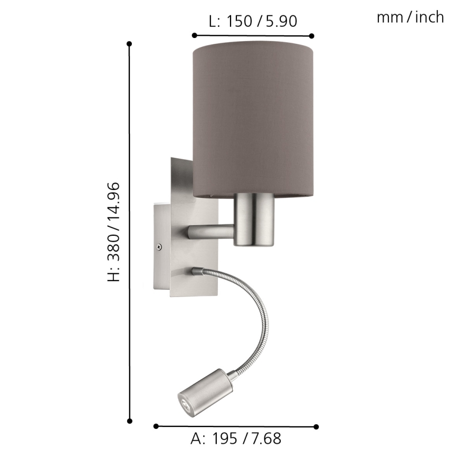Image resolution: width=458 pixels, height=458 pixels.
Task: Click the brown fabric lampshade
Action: point(253,116)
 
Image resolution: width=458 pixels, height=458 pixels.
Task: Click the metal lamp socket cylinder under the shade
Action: point(255,219)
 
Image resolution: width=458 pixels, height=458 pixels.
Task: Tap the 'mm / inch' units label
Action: point(410,17)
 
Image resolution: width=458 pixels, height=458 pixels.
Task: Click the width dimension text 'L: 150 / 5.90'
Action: point(253,21)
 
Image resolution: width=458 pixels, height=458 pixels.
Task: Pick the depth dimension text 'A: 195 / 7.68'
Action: point(235,438)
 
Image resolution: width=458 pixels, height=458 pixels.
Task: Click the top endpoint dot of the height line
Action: point(129,43)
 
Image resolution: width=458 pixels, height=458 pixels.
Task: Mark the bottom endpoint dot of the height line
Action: point(129,421)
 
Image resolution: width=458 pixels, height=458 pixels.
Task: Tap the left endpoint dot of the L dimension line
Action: point(194,35)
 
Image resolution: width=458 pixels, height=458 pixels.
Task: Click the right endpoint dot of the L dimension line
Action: point(312,35)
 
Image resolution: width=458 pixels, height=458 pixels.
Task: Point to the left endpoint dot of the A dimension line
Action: point(156,426)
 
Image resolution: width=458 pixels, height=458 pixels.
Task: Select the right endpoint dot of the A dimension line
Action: point(316,426)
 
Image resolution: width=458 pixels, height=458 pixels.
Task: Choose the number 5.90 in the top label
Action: point(281,21)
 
